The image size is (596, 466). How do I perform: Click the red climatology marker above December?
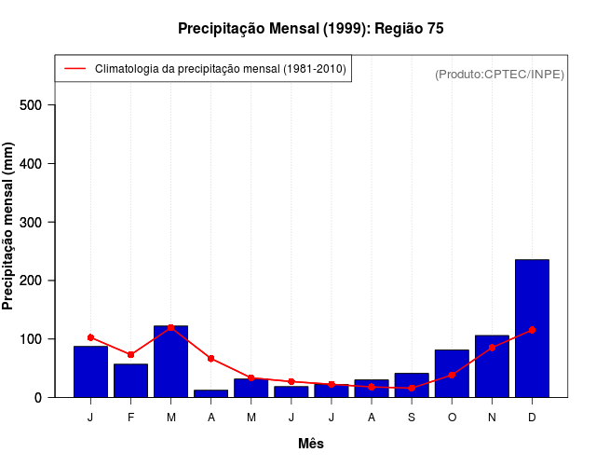[x=532, y=330]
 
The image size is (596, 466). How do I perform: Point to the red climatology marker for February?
[x=130, y=355]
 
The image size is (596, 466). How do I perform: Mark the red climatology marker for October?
[x=452, y=375]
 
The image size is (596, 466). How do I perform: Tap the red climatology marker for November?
[x=492, y=348]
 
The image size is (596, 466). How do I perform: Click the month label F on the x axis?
[x=130, y=418]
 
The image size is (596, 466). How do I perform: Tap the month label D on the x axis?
[x=532, y=418]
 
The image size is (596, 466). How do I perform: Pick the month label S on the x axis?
[x=412, y=418]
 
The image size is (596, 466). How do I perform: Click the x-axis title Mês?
[x=311, y=444]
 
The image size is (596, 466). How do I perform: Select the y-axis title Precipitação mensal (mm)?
[x=9, y=226]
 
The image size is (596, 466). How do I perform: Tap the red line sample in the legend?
[x=74, y=69]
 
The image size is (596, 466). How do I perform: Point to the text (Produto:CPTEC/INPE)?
[x=499, y=74]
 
